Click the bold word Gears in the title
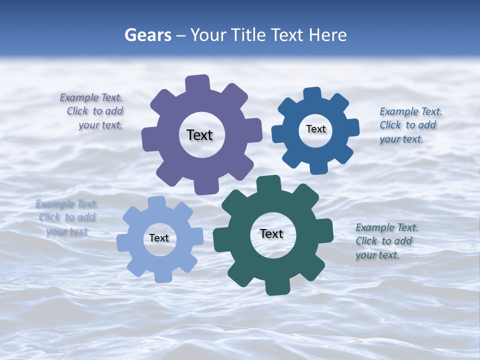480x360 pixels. [x=147, y=35]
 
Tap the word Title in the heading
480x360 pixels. [x=249, y=35]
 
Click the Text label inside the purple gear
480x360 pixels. [x=199, y=135]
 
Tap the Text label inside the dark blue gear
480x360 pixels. [x=315, y=129]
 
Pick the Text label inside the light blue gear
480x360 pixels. [x=159, y=238]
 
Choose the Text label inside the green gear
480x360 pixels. [x=271, y=233]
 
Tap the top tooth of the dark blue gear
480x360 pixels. [x=312, y=93]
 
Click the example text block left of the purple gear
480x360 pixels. [x=92, y=111]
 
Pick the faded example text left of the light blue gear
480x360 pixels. [x=67, y=217]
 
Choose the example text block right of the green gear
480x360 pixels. [x=386, y=241]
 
